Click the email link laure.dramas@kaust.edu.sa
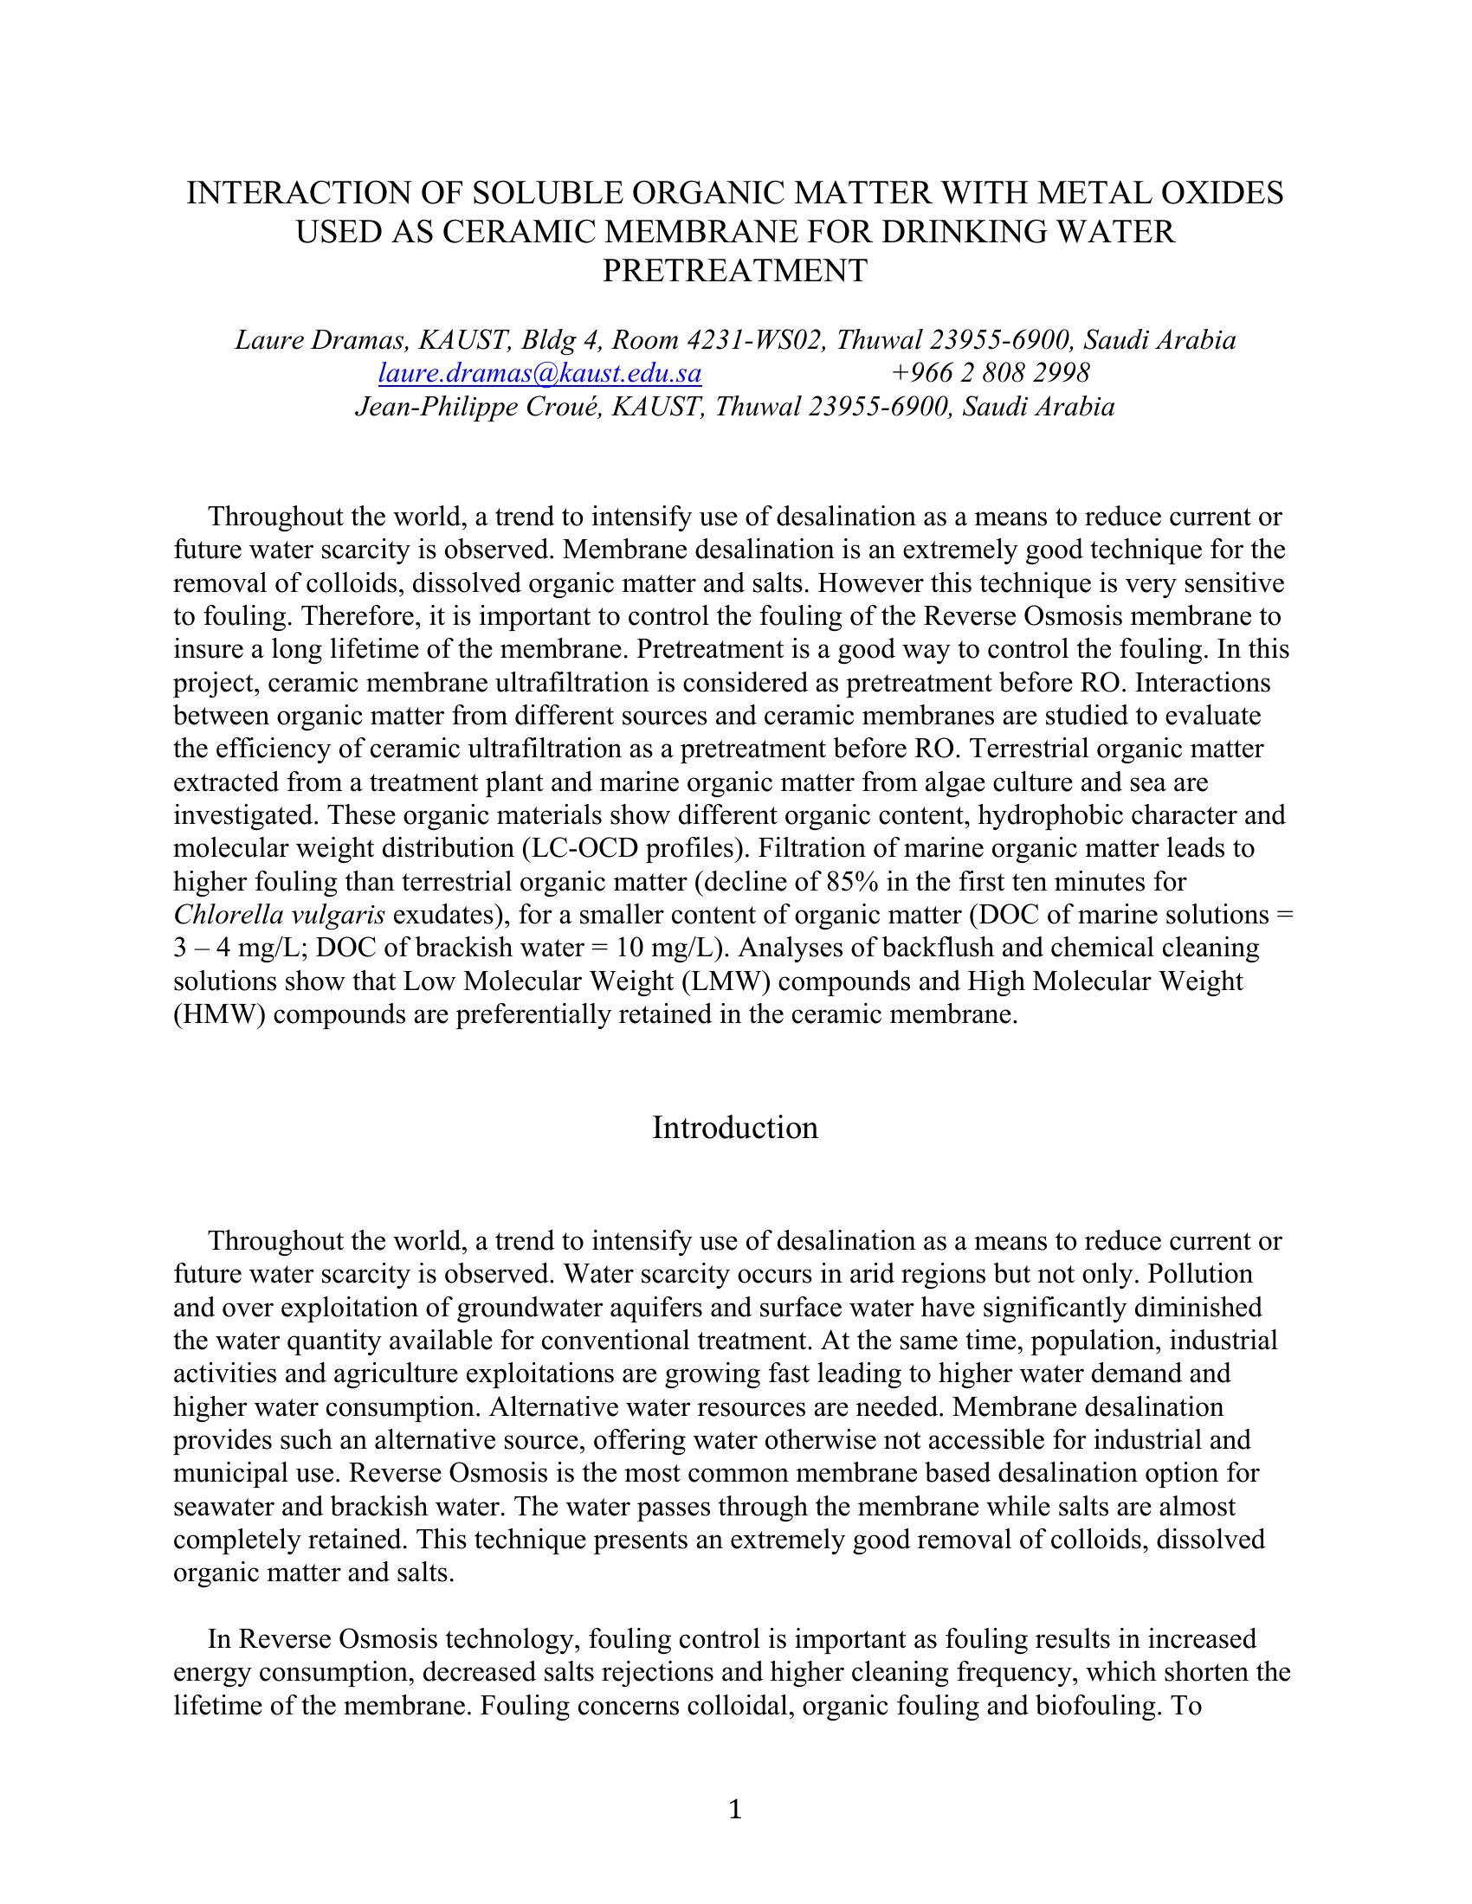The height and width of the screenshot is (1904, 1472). coord(539,373)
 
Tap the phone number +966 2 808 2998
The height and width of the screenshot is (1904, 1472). coord(991,373)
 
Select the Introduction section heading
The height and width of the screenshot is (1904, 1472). coord(735,1127)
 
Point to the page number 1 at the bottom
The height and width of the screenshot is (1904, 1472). coord(735,1810)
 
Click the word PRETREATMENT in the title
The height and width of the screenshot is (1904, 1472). coord(735,270)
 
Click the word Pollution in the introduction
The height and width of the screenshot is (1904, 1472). coord(1200,1274)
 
